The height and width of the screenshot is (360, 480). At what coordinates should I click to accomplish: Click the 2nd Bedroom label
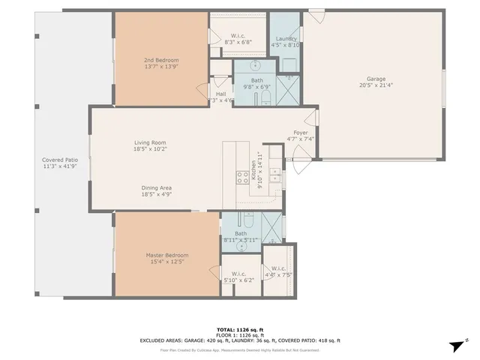tap(161, 60)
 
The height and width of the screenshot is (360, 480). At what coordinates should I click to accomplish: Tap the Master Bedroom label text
tap(166, 255)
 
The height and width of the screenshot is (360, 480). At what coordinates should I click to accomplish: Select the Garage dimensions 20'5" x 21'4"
tap(376, 85)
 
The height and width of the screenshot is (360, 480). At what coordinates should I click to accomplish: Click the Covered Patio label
tap(60, 160)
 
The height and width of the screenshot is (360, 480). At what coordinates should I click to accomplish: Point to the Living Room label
tap(150, 142)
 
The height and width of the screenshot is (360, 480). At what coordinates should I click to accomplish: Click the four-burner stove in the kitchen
tap(243, 177)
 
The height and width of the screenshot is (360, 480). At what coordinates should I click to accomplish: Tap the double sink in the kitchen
tap(275, 176)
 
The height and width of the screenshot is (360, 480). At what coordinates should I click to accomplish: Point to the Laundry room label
tap(286, 39)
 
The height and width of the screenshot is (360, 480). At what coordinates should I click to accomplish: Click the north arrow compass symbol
tap(455, 346)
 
